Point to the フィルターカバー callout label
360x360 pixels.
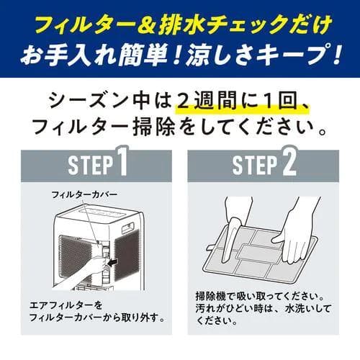[x=84, y=195]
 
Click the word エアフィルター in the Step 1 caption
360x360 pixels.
[x=58, y=305]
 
